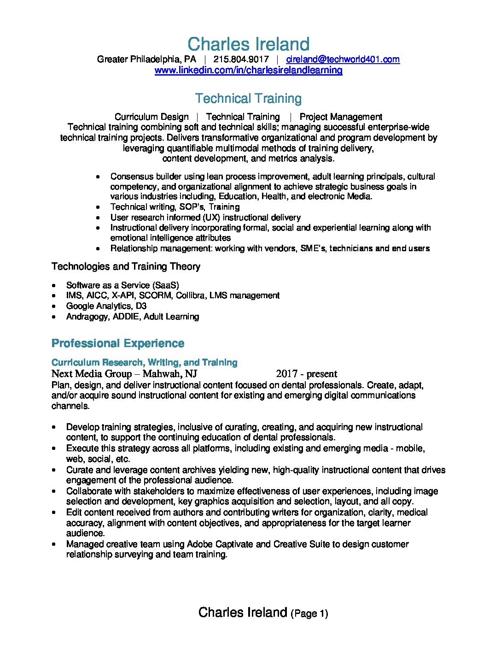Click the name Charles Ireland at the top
[248, 44]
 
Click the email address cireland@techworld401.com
[343, 59]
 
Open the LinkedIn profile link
[248, 70]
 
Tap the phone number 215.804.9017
[241, 59]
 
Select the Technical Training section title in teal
[248, 98]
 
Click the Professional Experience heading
[118, 343]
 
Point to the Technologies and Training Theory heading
[126, 266]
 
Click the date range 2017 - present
[307, 374]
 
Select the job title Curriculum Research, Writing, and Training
[145, 362]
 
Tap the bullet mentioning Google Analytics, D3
[106, 306]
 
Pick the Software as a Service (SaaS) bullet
[122, 285]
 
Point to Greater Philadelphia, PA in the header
[146, 59]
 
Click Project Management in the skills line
[341, 117]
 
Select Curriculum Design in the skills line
[151, 117]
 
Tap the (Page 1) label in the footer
[309, 614]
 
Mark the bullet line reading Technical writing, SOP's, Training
[175, 207]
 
